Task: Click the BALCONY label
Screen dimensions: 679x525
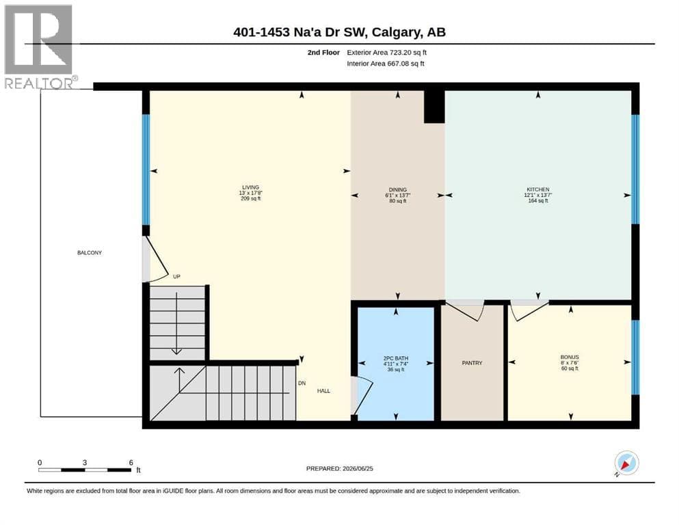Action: coord(89,253)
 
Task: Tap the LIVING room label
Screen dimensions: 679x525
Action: coord(251,187)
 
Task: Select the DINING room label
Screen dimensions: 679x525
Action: coord(397,189)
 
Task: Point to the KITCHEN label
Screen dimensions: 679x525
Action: coord(538,189)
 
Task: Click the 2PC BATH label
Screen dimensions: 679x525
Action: coord(396,358)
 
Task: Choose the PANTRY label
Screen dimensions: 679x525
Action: coord(472,363)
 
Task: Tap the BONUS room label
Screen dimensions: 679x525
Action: coord(570,358)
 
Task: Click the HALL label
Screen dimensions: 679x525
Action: coord(323,391)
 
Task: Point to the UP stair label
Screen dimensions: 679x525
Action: coord(176,277)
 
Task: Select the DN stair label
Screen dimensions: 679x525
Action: coord(302,383)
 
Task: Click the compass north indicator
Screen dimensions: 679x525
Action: coord(626,463)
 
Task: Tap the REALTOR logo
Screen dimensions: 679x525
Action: coord(39,46)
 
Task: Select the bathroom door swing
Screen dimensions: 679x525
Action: coord(363,395)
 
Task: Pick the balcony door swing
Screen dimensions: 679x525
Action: coord(157,260)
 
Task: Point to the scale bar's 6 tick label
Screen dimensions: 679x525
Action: coord(131,463)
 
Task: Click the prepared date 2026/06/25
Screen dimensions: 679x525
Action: coord(358,468)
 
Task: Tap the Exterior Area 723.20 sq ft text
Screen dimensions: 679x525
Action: coord(387,53)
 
